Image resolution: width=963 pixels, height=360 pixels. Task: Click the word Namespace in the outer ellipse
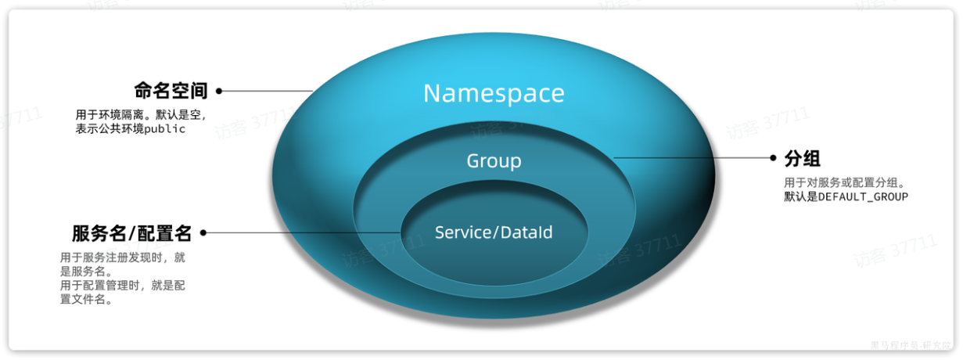coord(494,93)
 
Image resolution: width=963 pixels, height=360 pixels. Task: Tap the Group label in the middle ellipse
coord(494,161)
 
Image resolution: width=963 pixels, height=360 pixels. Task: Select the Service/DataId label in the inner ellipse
coord(494,232)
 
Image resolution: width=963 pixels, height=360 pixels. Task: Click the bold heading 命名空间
coord(171,91)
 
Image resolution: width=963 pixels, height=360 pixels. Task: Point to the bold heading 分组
coord(802,159)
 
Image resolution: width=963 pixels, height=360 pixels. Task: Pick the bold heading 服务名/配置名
coord(132,233)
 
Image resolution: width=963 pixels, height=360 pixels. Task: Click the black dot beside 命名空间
coord(219,91)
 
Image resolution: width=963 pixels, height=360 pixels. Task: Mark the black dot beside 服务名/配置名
coord(203,232)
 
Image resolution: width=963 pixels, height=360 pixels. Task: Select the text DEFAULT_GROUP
coord(863,196)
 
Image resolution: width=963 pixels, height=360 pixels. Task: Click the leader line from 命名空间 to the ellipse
coord(266,91)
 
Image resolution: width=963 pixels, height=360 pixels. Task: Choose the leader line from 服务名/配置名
coord(305,232)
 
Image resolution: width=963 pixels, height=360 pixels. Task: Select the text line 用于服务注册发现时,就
coord(122,257)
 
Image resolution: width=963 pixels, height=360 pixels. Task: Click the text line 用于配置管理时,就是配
coord(122,285)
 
